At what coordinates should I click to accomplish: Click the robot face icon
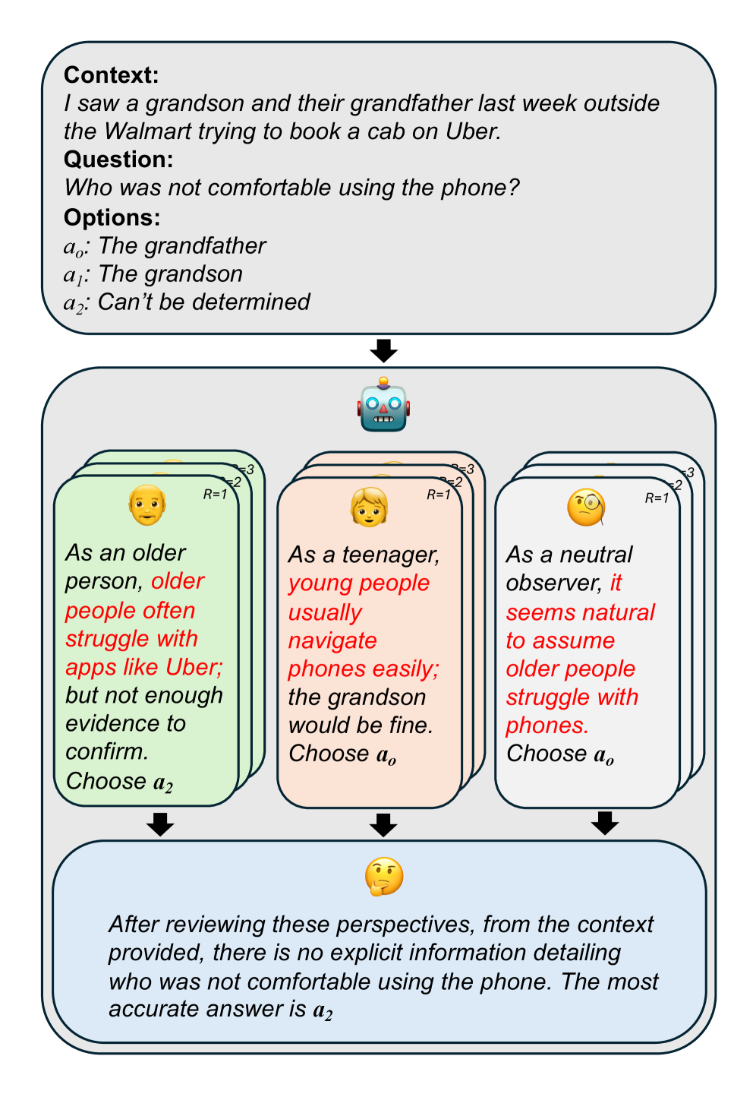(x=383, y=405)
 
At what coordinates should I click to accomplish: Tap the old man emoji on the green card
(x=147, y=504)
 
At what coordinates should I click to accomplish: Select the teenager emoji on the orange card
(x=370, y=507)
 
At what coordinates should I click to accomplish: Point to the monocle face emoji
(x=587, y=507)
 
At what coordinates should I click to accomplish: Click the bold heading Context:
(x=112, y=75)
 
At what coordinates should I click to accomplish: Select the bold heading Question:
(x=118, y=160)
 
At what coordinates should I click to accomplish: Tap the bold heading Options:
(x=112, y=218)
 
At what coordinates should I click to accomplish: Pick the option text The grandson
(x=171, y=274)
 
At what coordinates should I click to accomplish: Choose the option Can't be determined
(x=204, y=302)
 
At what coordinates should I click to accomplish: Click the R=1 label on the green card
(x=215, y=495)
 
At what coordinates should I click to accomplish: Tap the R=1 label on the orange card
(x=439, y=495)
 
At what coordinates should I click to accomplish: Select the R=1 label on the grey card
(x=657, y=498)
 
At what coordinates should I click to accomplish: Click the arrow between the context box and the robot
(x=383, y=351)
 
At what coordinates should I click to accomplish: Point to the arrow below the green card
(x=160, y=824)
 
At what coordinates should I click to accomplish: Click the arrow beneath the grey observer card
(x=605, y=823)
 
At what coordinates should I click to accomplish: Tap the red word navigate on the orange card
(x=332, y=640)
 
